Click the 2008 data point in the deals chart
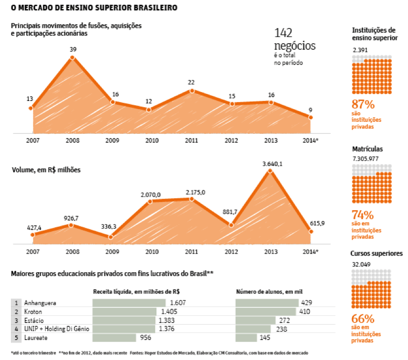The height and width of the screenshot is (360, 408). [73, 57]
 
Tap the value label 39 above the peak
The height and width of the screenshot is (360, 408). [73, 49]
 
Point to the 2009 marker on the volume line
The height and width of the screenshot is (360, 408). [111, 237]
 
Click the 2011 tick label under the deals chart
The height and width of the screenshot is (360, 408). [191, 141]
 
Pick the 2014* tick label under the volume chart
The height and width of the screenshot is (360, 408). [310, 251]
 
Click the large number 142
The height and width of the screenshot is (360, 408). [283, 33]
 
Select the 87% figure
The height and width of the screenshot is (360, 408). [363, 104]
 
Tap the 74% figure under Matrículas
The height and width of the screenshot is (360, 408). [363, 215]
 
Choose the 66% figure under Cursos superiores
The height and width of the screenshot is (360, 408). [363, 318]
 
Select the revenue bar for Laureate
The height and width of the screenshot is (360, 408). [114, 338]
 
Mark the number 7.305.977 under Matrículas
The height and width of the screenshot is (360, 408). [366, 159]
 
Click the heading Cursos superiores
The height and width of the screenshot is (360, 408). [376, 253]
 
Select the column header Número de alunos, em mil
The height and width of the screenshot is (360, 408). [269, 291]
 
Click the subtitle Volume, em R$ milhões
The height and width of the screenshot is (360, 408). [46, 169]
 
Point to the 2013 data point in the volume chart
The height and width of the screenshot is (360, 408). [271, 171]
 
